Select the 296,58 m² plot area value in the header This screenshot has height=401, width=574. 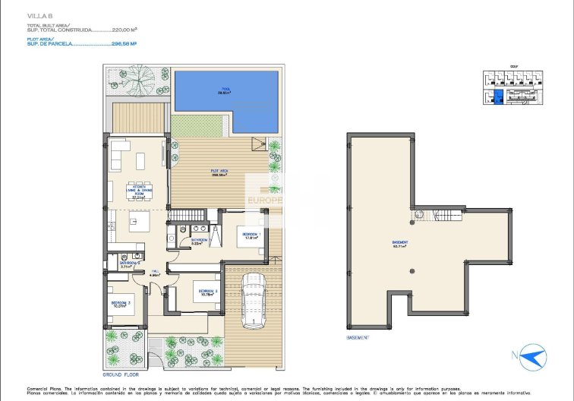coord(124,44)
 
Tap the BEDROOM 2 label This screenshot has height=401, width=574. coord(208,291)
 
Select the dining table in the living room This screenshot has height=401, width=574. coord(139,185)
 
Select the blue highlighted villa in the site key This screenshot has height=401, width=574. coord(498,96)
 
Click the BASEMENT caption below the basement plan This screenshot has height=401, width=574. coord(357,337)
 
